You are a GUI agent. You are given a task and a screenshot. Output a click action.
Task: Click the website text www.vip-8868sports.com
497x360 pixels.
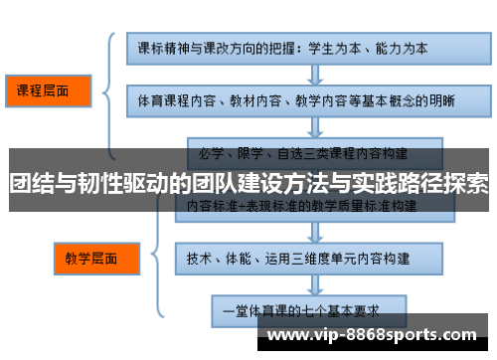pos(372,335)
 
